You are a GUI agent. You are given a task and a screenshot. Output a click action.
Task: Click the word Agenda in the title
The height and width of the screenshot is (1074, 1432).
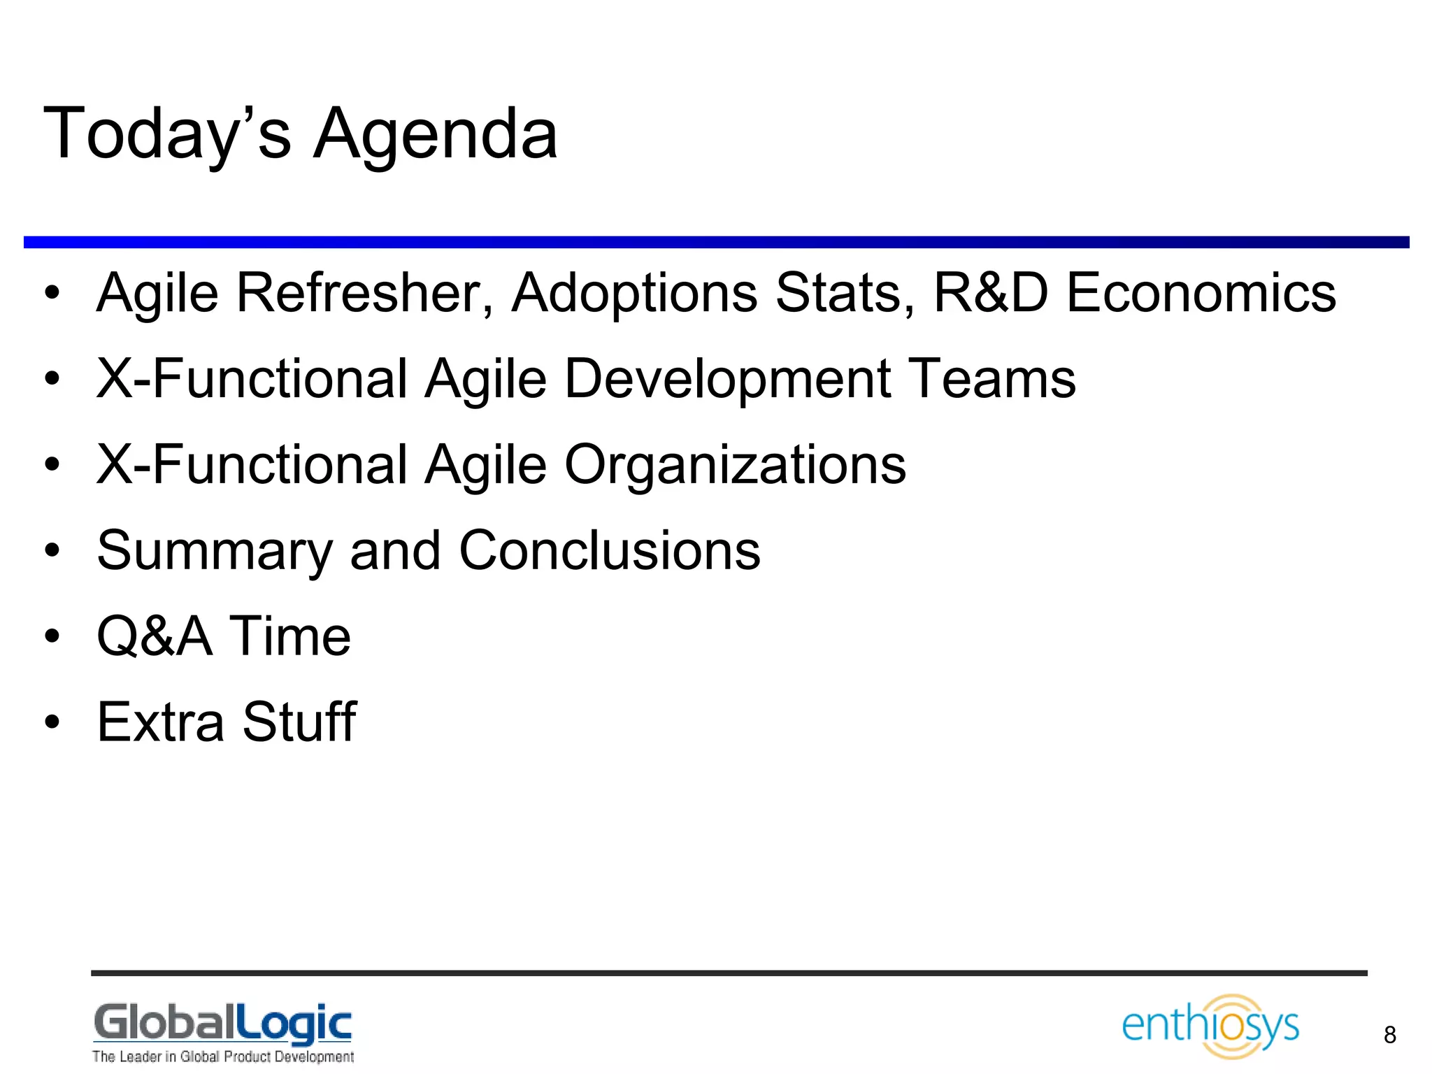(435, 134)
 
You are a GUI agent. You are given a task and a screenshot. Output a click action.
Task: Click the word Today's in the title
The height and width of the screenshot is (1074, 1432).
(166, 134)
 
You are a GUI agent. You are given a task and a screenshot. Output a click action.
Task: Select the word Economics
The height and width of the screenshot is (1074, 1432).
(1201, 292)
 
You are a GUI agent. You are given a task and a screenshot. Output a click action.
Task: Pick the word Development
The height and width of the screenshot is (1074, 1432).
(727, 379)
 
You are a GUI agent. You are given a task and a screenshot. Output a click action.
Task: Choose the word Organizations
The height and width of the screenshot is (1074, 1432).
(735, 465)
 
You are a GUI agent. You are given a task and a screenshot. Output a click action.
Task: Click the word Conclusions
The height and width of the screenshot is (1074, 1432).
(610, 550)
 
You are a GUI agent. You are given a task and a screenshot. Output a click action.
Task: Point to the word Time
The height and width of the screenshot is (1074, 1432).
(290, 636)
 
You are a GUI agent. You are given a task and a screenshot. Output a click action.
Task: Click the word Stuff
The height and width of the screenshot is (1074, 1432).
(300, 722)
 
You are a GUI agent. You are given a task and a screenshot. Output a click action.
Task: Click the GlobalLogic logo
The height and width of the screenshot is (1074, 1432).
(223, 1024)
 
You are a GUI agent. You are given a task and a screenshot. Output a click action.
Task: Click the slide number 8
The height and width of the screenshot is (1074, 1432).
(1390, 1035)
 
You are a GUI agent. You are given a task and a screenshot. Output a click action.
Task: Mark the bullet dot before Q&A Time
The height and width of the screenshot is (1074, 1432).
(52, 637)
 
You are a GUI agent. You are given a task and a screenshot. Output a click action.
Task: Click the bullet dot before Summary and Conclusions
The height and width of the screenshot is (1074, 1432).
(52, 551)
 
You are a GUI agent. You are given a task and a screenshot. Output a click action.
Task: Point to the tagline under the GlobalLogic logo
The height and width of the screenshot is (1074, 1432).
(223, 1057)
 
